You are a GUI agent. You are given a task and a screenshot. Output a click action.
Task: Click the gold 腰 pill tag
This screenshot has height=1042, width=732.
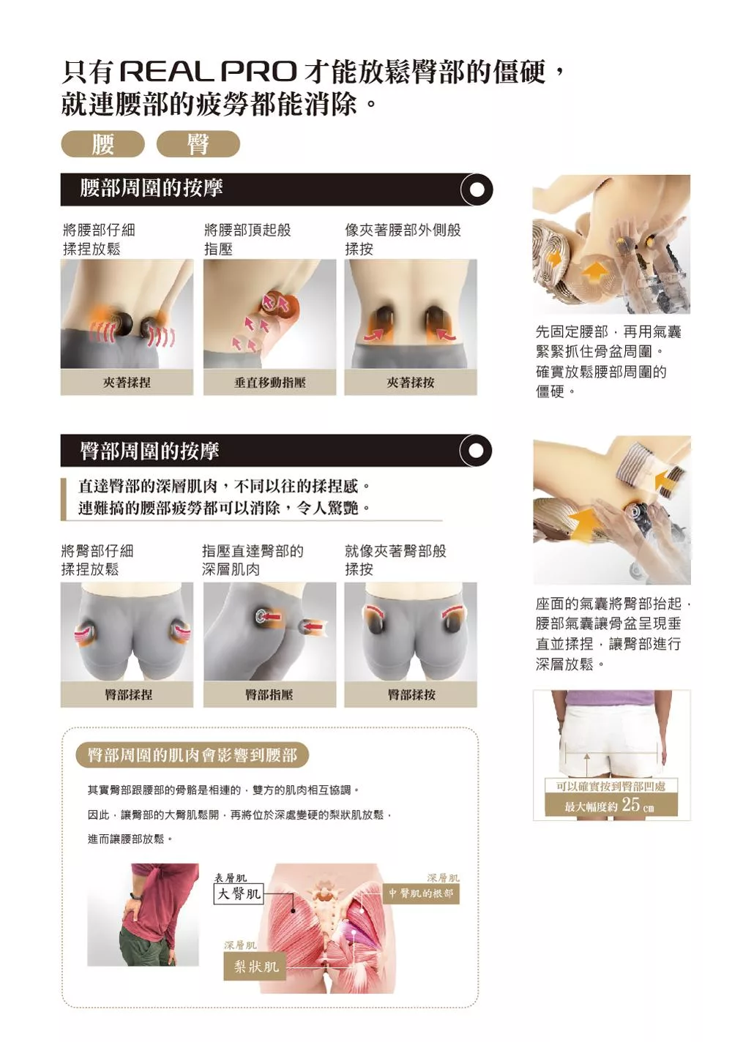point(102,143)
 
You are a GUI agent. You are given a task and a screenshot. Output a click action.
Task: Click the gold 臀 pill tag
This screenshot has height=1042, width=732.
point(198,143)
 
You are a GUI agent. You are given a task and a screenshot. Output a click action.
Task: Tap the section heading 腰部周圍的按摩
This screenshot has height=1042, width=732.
point(152,188)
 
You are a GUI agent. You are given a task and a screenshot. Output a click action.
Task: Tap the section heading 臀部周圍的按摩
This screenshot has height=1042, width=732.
point(149,451)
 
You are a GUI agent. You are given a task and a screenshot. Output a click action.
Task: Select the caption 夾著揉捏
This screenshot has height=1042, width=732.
point(127,383)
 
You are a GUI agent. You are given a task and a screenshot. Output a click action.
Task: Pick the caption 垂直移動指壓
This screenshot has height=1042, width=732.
point(269,383)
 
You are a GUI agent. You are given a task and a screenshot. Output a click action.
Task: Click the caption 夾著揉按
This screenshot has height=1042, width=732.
point(411,383)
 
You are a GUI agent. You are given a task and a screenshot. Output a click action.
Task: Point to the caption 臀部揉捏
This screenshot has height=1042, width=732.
point(128,694)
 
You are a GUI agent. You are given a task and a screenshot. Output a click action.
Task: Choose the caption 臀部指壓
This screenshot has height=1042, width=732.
point(269,694)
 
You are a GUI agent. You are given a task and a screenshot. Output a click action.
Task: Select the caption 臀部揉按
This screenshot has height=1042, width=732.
point(411,694)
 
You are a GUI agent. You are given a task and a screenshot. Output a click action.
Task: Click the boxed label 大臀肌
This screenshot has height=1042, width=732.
point(239,893)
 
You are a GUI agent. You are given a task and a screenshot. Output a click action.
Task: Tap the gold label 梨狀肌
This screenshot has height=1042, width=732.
point(255,966)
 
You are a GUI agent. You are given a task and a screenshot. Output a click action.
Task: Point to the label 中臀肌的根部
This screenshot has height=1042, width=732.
point(421,893)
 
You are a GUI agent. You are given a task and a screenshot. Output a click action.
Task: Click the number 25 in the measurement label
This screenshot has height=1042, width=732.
point(631,803)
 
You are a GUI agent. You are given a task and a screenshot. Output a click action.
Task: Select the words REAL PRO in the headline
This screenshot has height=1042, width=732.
point(209,72)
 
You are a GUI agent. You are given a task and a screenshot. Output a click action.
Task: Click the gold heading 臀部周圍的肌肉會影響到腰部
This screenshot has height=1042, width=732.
point(193,755)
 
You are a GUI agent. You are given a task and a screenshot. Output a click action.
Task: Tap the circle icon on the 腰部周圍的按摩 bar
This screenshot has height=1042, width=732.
point(476,190)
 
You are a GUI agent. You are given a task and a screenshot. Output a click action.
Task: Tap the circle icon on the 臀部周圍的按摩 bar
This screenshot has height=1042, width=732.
point(476,450)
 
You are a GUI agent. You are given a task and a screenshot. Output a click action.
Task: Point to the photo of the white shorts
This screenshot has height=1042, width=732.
point(611,755)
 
